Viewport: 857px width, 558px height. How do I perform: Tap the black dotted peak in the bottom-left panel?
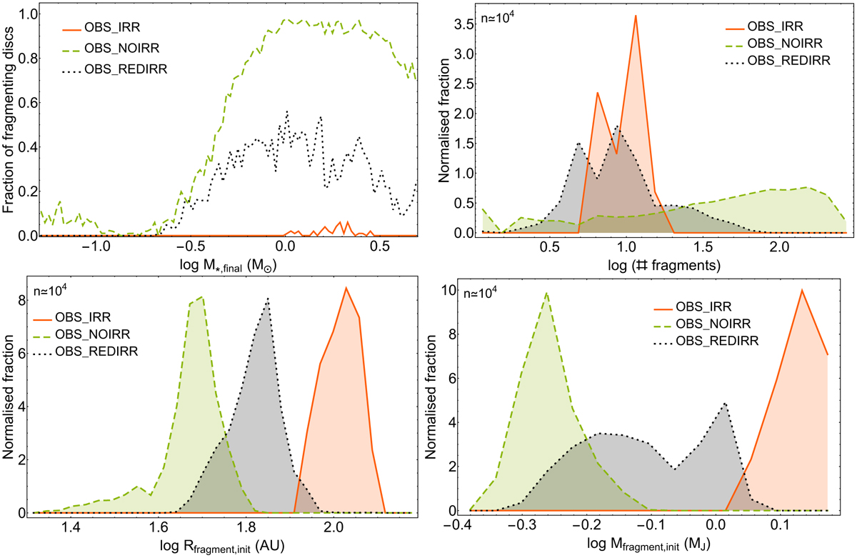(267, 299)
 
